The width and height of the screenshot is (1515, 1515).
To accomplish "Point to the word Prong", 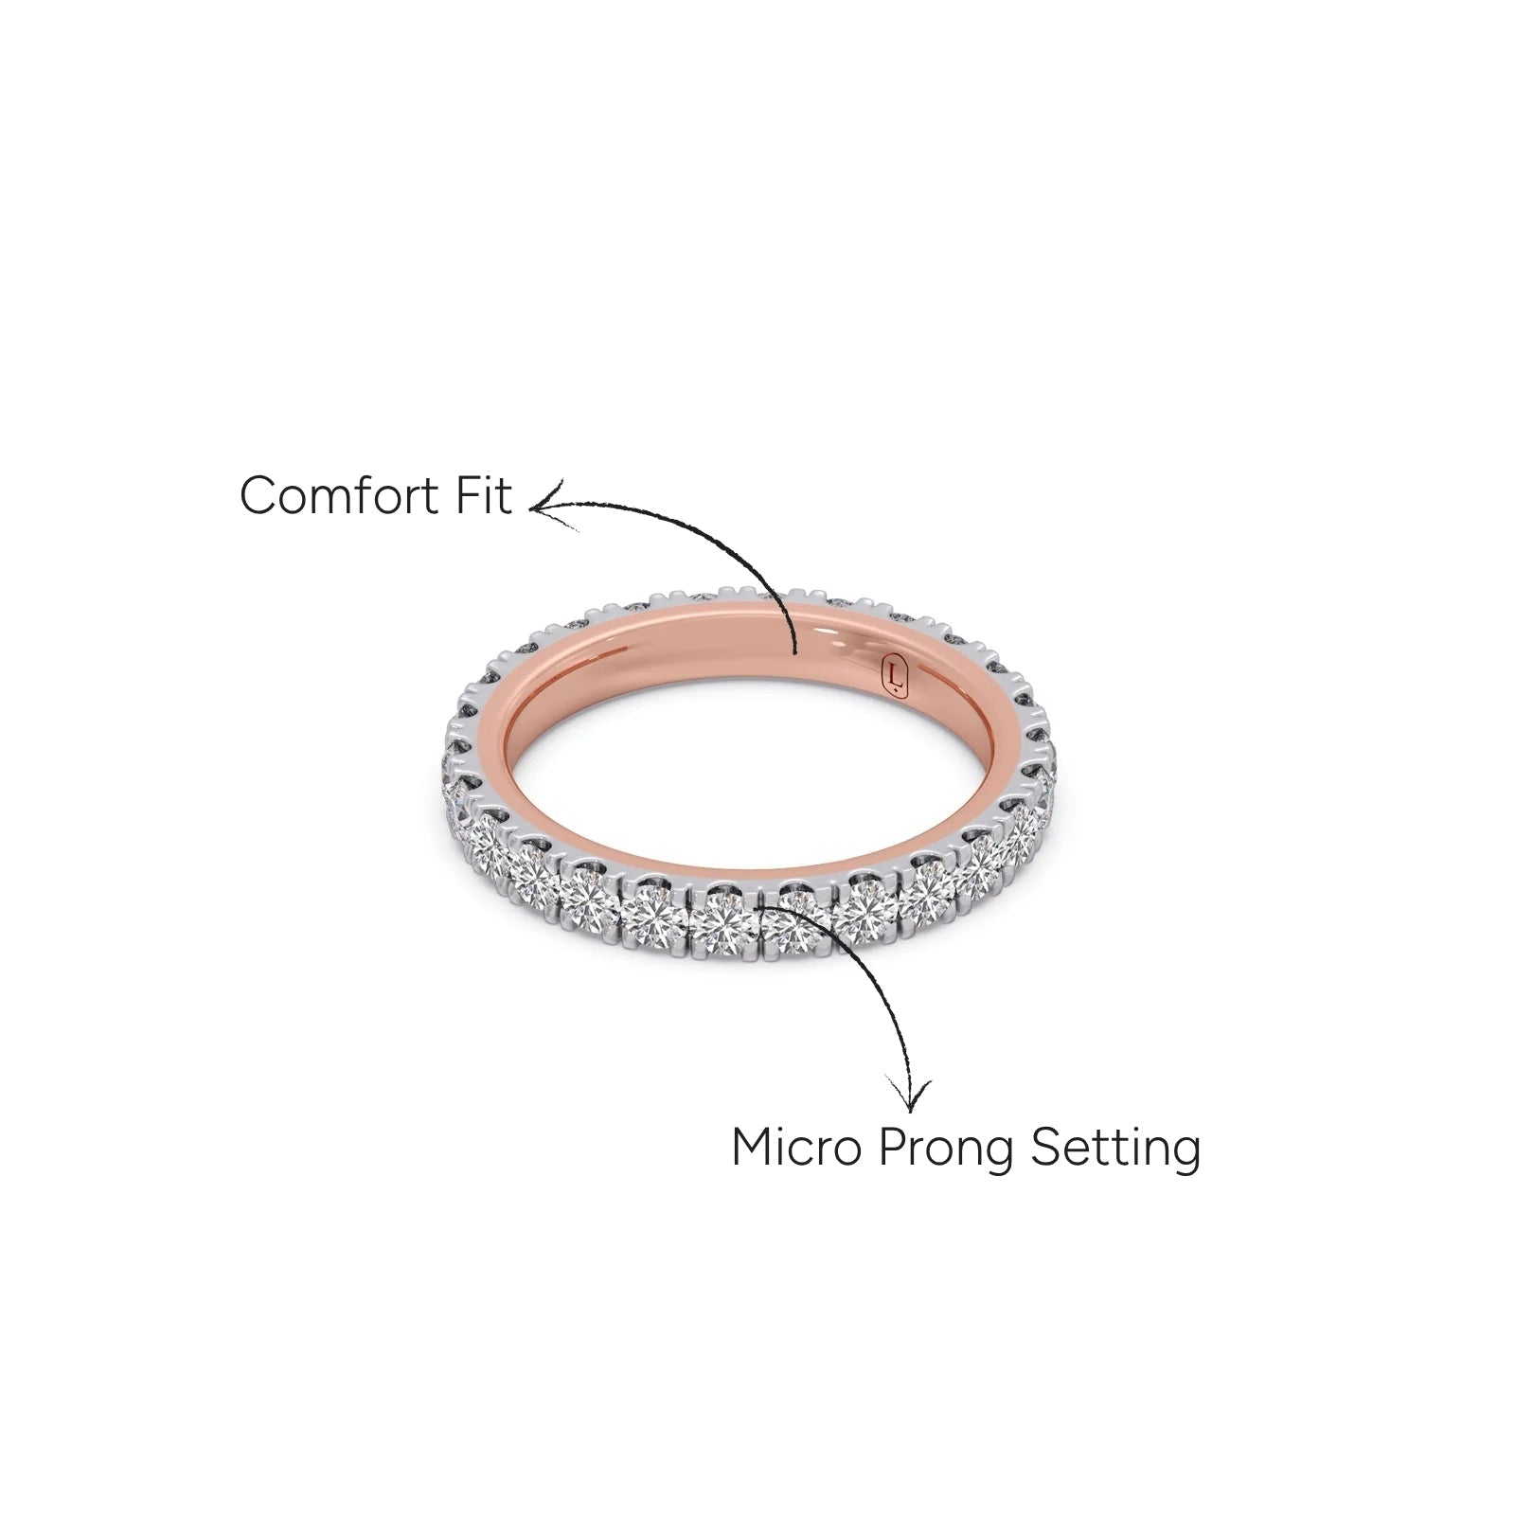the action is pos(945,1151).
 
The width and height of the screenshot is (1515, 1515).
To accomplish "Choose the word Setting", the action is pos(1116,1150).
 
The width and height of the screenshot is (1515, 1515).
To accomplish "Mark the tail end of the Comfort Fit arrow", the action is pos(795,652).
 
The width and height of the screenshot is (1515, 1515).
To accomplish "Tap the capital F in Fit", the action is pos(472,495).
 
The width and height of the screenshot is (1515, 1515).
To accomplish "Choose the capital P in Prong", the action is pos(891,1148).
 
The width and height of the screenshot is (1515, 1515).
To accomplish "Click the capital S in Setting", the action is pos(1044,1148).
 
